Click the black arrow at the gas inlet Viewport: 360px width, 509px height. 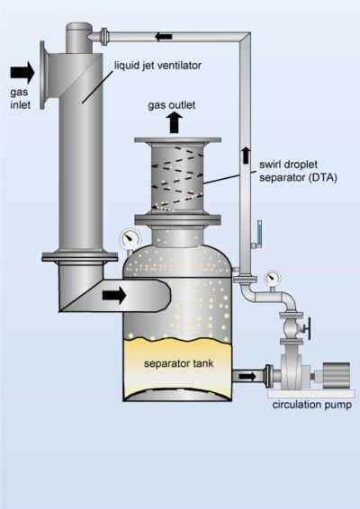pyautogui.click(x=22, y=72)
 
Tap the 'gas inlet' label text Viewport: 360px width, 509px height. pyautogui.click(x=20, y=98)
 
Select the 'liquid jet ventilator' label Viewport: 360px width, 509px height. pyautogui.click(x=157, y=66)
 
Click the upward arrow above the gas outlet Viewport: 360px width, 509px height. pyautogui.click(x=175, y=122)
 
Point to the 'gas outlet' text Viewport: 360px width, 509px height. pyautogui.click(x=172, y=105)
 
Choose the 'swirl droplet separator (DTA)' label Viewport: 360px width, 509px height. pyautogui.click(x=298, y=171)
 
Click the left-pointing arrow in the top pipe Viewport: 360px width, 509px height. pyautogui.click(x=163, y=37)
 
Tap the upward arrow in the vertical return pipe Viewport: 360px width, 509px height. pyautogui.click(x=246, y=156)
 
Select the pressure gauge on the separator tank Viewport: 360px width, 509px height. pyautogui.click(x=130, y=239)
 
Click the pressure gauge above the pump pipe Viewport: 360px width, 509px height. pyautogui.click(x=273, y=278)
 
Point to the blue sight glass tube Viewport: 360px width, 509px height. pyautogui.click(x=259, y=232)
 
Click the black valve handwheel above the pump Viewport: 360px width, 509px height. pyautogui.click(x=309, y=328)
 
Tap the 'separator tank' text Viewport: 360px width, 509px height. pyautogui.click(x=179, y=363)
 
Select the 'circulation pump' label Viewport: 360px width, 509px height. pyautogui.click(x=312, y=405)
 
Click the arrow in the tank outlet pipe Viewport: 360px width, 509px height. pyautogui.click(x=247, y=377)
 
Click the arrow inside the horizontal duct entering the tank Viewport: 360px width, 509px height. pyautogui.click(x=114, y=295)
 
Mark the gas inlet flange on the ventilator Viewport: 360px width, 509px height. pyautogui.click(x=42, y=75)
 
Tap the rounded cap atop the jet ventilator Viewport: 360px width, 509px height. pyautogui.click(x=79, y=27)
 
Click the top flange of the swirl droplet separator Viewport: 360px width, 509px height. pyautogui.click(x=177, y=140)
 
